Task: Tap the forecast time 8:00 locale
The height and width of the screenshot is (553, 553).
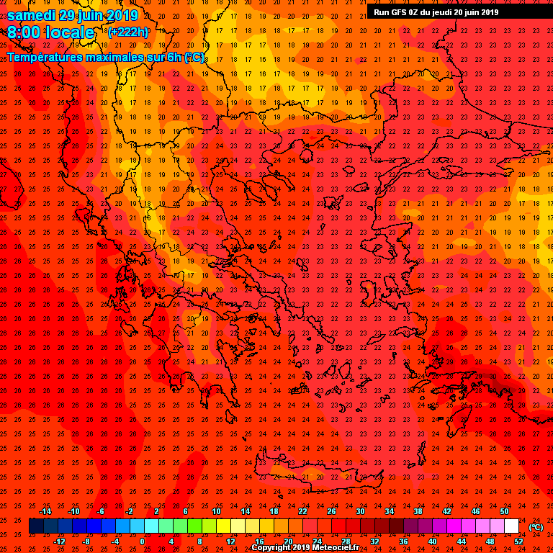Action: coord(51,32)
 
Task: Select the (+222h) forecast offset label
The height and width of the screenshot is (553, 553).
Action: coord(128,32)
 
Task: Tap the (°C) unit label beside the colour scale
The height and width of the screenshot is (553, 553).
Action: coord(536,526)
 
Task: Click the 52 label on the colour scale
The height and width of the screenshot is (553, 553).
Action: coord(518,541)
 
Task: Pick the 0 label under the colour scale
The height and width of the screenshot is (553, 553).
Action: coord(142,541)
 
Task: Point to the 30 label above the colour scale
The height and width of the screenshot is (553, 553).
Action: coord(360,511)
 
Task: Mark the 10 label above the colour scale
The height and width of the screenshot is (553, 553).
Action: coord(215,511)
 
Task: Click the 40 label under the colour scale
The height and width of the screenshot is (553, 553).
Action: coord(432,541)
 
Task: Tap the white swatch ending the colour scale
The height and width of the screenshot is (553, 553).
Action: coord(511,526)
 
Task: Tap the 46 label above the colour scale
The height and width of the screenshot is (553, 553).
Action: coord(475,511)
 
